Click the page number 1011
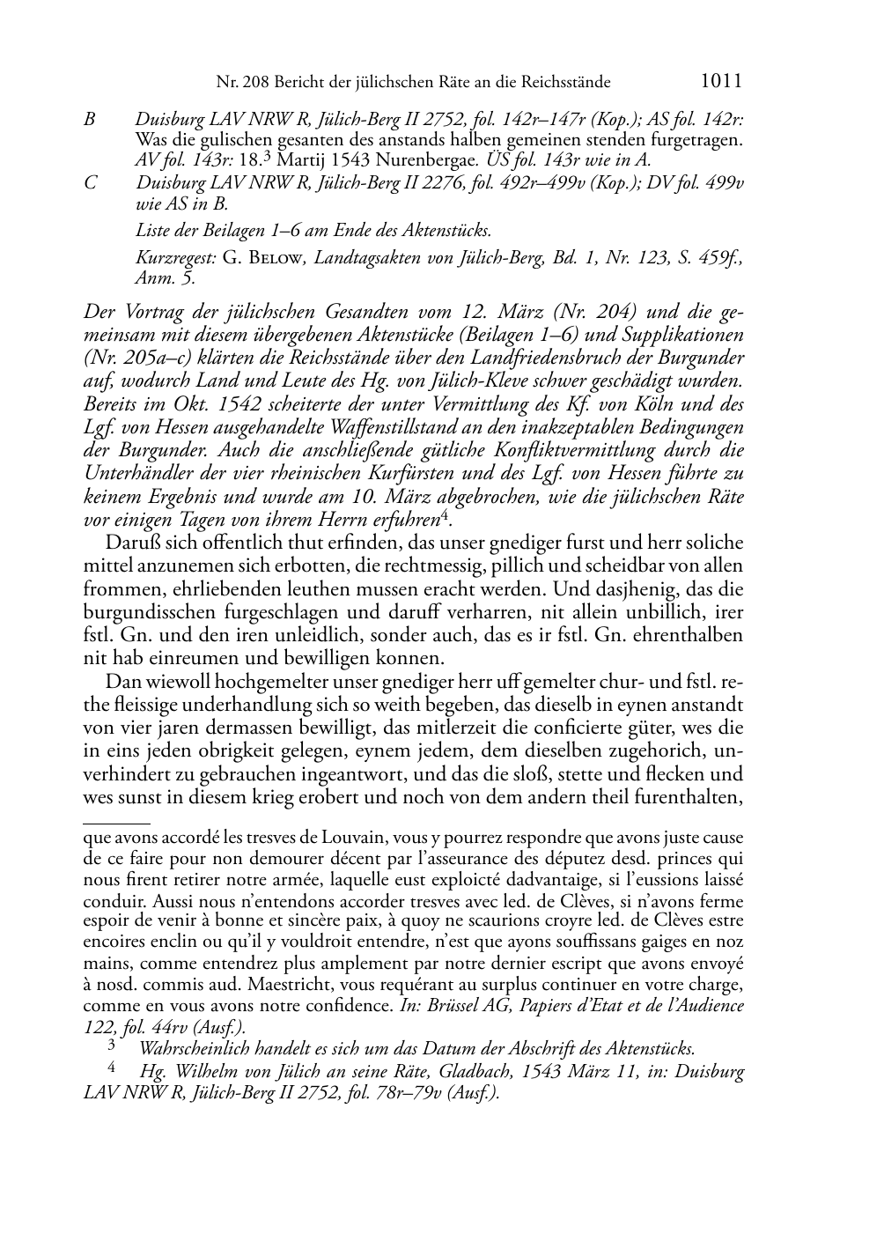[721, 81]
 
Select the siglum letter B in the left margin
[89, 119]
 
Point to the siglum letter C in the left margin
[89, 182]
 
